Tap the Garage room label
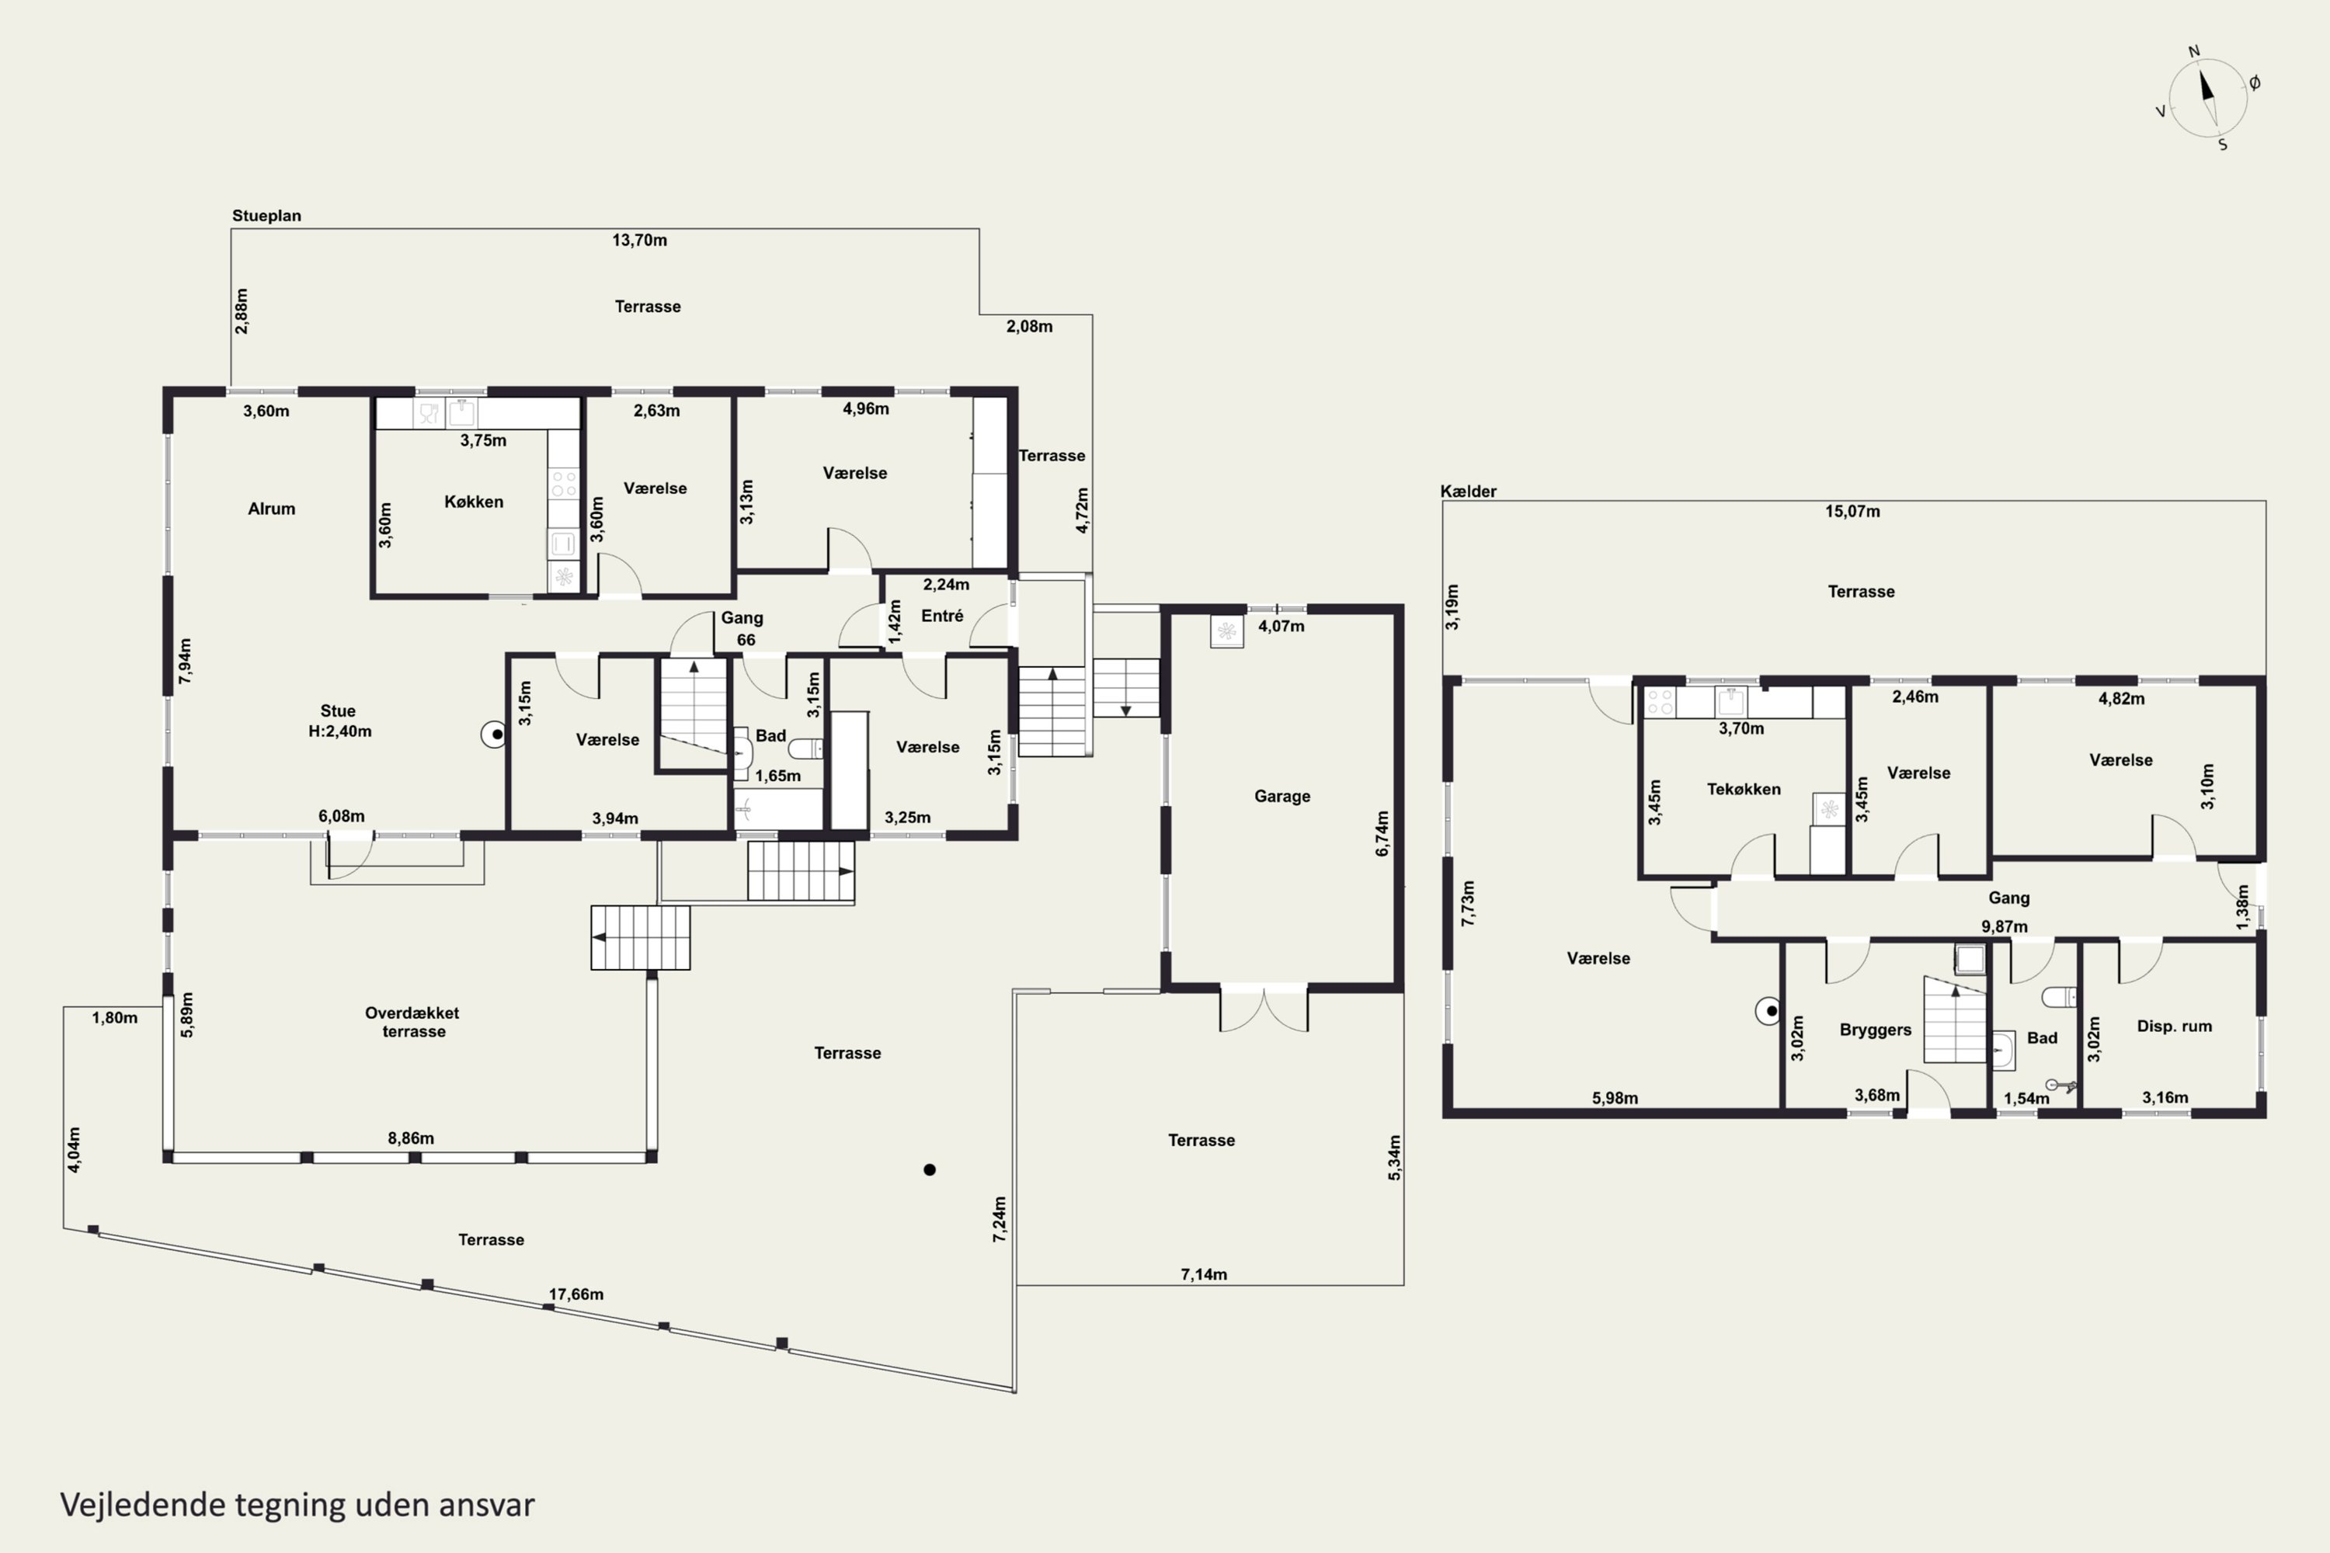[1282, 797]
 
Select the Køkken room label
[474, 502]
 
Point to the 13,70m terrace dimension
[639, 240]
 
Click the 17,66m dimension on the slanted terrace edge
[576, 1294]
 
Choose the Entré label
[942, 616]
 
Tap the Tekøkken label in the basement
[1744, 790]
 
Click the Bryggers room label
[1876, 1030]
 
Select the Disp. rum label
[2175, 1026]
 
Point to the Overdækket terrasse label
[412, 1022]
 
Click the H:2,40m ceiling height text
[340, 732]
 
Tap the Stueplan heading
[266, 216]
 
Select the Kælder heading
[1468, 492]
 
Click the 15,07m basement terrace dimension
[1852, 512]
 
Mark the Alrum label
[271, 509]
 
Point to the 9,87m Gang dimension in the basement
[2004, 927]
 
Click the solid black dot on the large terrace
[929, 1169]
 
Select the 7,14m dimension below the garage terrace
[1204, 1275]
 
